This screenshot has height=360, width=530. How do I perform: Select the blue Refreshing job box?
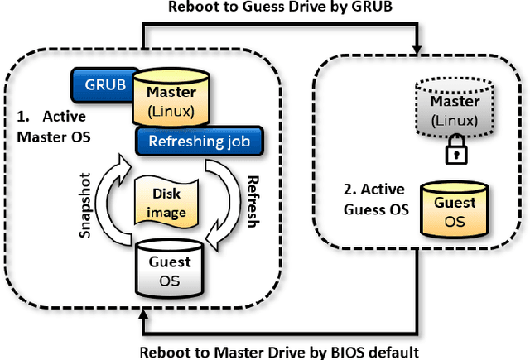pyautogui.click(x=198, y=141)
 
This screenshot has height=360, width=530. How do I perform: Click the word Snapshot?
pyautogui.click(x=84, y=212)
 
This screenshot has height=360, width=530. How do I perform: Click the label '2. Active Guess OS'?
pyautogui.click(x=374, y=200)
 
